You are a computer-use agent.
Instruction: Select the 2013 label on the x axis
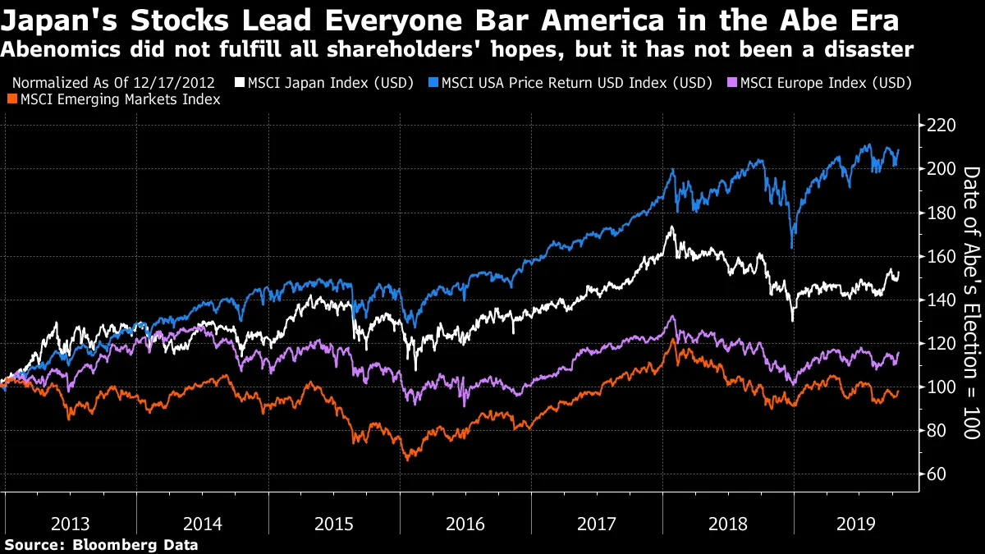coord(71,523)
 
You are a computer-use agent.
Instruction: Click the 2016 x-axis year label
coord(465,523)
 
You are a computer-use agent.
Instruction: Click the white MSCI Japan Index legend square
coord(240,83)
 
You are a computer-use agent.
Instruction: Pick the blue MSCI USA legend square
coord(433,83)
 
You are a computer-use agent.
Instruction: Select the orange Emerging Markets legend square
coord(10,99)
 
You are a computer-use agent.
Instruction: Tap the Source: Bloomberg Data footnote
coord(101,544)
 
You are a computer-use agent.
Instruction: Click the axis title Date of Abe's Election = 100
coord(970,302)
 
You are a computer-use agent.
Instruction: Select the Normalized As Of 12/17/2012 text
coord(114,83)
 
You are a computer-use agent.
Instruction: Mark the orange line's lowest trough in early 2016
coord(408,459)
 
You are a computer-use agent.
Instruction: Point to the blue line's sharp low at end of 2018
coord(791,247)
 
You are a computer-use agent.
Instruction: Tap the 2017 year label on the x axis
coord(597,523)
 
